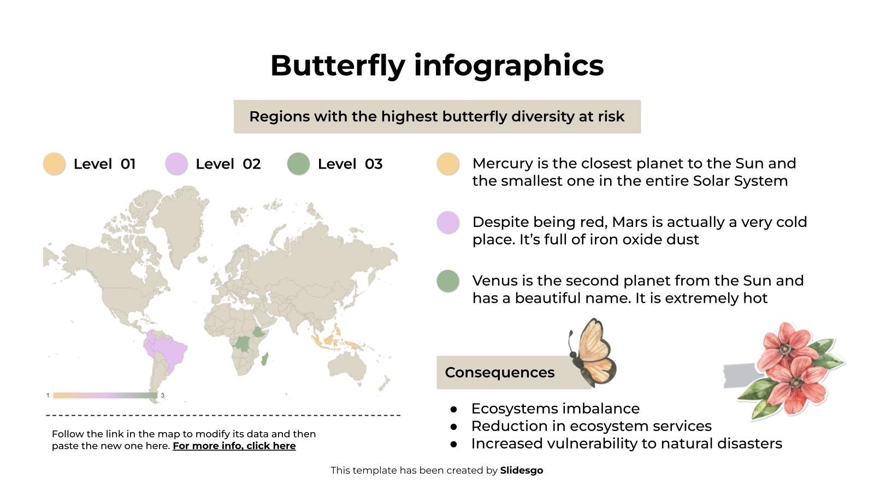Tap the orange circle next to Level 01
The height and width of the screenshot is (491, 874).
point(54,164)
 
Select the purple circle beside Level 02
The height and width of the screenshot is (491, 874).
point(176,164)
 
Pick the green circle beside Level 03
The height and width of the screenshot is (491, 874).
point(298,164)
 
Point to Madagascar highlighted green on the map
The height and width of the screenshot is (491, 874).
point(265,359)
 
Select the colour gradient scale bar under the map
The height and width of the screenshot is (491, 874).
point(105,396)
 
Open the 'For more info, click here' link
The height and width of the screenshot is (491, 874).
point(234,446)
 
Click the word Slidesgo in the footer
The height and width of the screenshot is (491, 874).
point(521,470)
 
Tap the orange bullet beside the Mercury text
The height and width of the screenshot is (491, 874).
point(448,164)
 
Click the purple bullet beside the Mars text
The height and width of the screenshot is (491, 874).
point(448,223)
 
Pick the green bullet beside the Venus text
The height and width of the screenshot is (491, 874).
point(448,281)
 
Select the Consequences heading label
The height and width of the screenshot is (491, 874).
point(499,373)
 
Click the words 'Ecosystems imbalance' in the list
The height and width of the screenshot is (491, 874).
point(555,409)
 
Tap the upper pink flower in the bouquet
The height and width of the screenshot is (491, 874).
point(787,341)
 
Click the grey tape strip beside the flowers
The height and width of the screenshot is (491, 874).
point(740,375)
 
